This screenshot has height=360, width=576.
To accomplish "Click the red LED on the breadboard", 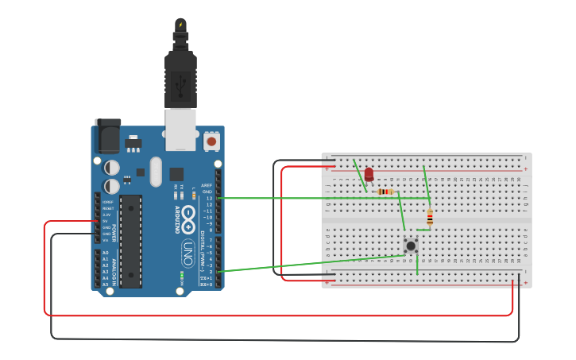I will pos(369,174).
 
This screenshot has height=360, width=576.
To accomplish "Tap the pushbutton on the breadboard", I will pos(411,246).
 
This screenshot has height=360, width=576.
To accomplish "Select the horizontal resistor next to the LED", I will pos(385,192).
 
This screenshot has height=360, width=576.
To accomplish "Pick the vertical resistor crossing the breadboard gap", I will pos(430,217).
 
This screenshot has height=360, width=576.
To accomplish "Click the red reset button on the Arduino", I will pos(211,141).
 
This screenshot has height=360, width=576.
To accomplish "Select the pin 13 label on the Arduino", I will pos(209,198).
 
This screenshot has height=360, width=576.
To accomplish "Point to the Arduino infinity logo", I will pos(188,215).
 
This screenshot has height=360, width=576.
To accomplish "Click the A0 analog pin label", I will pos(105,253).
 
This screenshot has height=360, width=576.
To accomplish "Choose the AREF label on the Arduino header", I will pos(207,185).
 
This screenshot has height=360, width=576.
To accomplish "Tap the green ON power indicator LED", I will pos(182,277).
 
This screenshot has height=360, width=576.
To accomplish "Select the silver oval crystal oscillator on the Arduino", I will pos(155,171).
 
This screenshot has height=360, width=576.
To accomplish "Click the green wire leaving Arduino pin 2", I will pos(302,263).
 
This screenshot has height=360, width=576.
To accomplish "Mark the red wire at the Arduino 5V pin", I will pos(72,222).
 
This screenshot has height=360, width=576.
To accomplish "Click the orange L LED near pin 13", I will pos(194,195).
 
